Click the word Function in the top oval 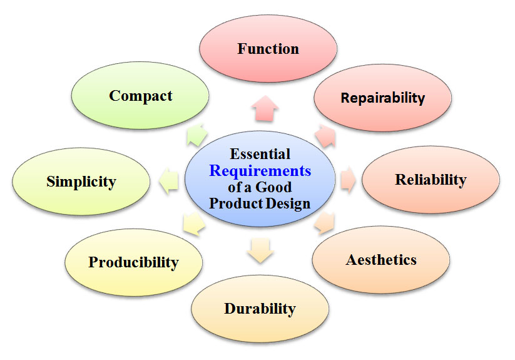268,49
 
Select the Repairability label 382,98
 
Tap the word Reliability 431,180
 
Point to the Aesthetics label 381,259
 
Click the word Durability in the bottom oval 260,308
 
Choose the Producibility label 133,262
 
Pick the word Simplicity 81,182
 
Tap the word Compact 141,96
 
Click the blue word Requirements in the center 260,170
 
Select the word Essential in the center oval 260,153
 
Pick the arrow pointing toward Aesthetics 325,224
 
